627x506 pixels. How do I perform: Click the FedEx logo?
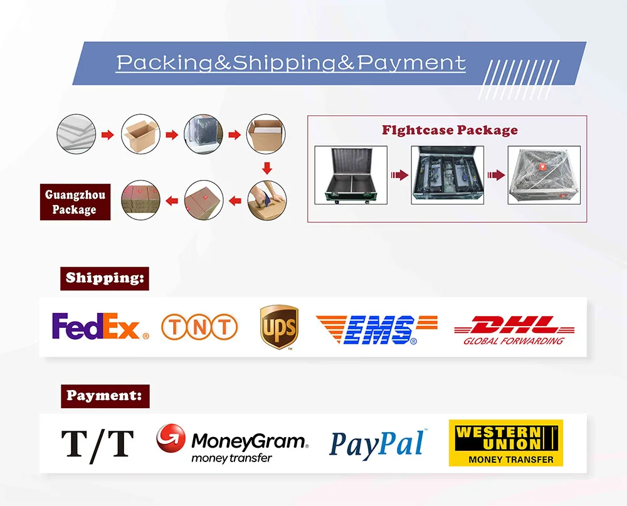coord(100,327)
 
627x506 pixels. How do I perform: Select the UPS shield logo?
coord(278,327)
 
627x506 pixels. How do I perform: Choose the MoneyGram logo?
coord(232,443)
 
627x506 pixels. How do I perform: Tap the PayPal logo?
coord(377,444)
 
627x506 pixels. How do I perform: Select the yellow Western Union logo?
coord(505,443)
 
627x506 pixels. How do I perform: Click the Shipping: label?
coord(105,278)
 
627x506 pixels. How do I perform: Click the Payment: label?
coord(105,396)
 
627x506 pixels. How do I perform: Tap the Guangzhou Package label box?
coord(75,202)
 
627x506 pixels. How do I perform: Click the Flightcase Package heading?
coord(450,130)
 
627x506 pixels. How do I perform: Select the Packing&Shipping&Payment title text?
coord(291,63)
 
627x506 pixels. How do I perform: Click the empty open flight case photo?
coord(350,175)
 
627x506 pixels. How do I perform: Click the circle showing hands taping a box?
coord(266,200)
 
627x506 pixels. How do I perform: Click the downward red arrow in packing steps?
coord(266,168)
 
